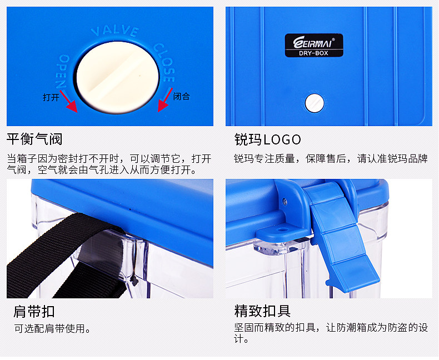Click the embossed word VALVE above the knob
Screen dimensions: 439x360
115,31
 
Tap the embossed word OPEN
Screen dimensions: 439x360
62,71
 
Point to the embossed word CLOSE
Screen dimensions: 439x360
164,62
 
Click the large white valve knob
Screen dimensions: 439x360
118,78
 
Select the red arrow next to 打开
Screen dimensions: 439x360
68,101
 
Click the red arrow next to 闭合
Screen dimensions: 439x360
165,99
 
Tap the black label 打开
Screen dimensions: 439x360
51,97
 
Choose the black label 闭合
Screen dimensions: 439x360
181,96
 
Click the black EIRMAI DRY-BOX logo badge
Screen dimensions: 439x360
314,46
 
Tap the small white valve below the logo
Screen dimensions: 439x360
315,103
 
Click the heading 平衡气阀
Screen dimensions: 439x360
34,139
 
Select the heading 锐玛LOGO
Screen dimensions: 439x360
267,139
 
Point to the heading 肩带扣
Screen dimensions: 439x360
34,311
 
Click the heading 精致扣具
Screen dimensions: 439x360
262,311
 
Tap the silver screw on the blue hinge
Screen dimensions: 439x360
285,201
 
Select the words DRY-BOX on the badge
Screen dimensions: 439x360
313,53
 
